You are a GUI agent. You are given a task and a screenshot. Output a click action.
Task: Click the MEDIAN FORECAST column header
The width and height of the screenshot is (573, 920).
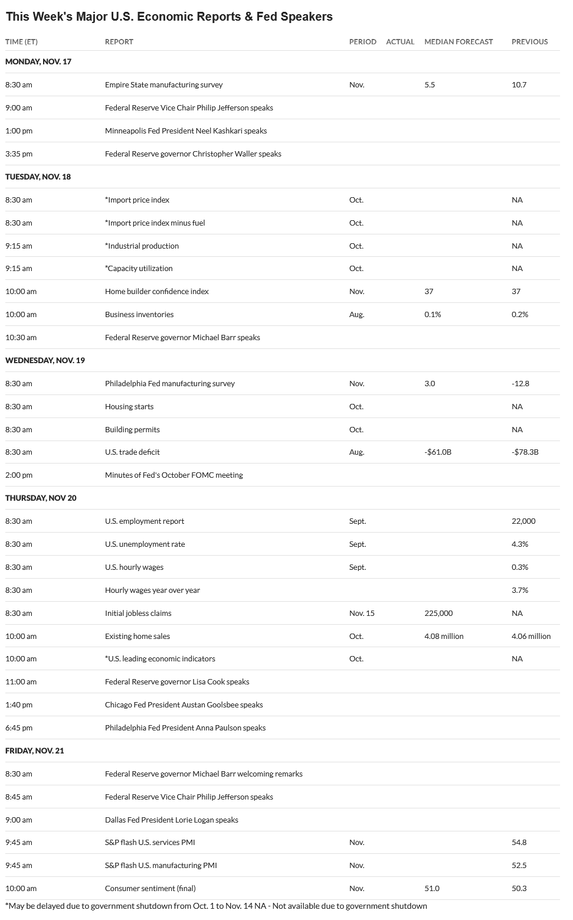(459, 42)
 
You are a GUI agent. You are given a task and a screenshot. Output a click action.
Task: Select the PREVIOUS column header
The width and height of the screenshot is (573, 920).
(529, 42)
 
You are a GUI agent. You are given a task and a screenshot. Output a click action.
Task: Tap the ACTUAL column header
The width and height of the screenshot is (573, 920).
(400, 42)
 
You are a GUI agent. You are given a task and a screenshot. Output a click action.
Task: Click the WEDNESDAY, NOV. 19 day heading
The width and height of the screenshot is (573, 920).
(45, 360)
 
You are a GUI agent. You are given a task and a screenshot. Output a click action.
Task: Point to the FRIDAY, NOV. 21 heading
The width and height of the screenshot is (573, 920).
(35, 751)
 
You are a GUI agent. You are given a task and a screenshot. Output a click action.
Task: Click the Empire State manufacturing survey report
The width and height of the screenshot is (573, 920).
(163, 85)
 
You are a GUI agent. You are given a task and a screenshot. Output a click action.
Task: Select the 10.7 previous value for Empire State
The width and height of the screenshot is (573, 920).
(519, 85)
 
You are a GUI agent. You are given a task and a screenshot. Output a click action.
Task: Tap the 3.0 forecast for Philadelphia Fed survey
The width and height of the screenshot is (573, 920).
(430, 383)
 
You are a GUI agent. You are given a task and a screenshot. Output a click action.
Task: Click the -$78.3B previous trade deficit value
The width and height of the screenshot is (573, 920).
(525, 452)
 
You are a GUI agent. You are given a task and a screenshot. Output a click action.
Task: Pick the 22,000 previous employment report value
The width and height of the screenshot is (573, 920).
(523, 521)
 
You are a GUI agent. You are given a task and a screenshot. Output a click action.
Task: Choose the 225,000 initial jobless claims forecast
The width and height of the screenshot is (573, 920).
(438, 613)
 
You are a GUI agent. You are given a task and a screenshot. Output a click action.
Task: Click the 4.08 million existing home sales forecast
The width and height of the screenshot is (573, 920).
(444, 636)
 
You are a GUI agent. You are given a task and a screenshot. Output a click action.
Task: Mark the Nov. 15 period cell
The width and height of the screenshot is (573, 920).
(362, 613)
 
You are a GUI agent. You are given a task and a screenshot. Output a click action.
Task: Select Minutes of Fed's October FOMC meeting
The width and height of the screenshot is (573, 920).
(173, 475)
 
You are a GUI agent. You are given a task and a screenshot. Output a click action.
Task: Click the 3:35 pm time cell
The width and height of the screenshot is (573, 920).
(19, 154)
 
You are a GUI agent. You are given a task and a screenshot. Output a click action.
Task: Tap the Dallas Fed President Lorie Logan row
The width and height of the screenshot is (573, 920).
(171, 820)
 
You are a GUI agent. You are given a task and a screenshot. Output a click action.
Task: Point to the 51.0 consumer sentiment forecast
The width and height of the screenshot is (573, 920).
(431, 888)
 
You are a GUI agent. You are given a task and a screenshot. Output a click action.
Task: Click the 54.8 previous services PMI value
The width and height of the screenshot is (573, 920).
(519, 843)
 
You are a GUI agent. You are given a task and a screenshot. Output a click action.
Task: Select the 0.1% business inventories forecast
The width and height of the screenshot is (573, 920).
(433, 315)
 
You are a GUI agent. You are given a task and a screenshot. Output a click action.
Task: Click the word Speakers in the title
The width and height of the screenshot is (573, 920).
(307, 17)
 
